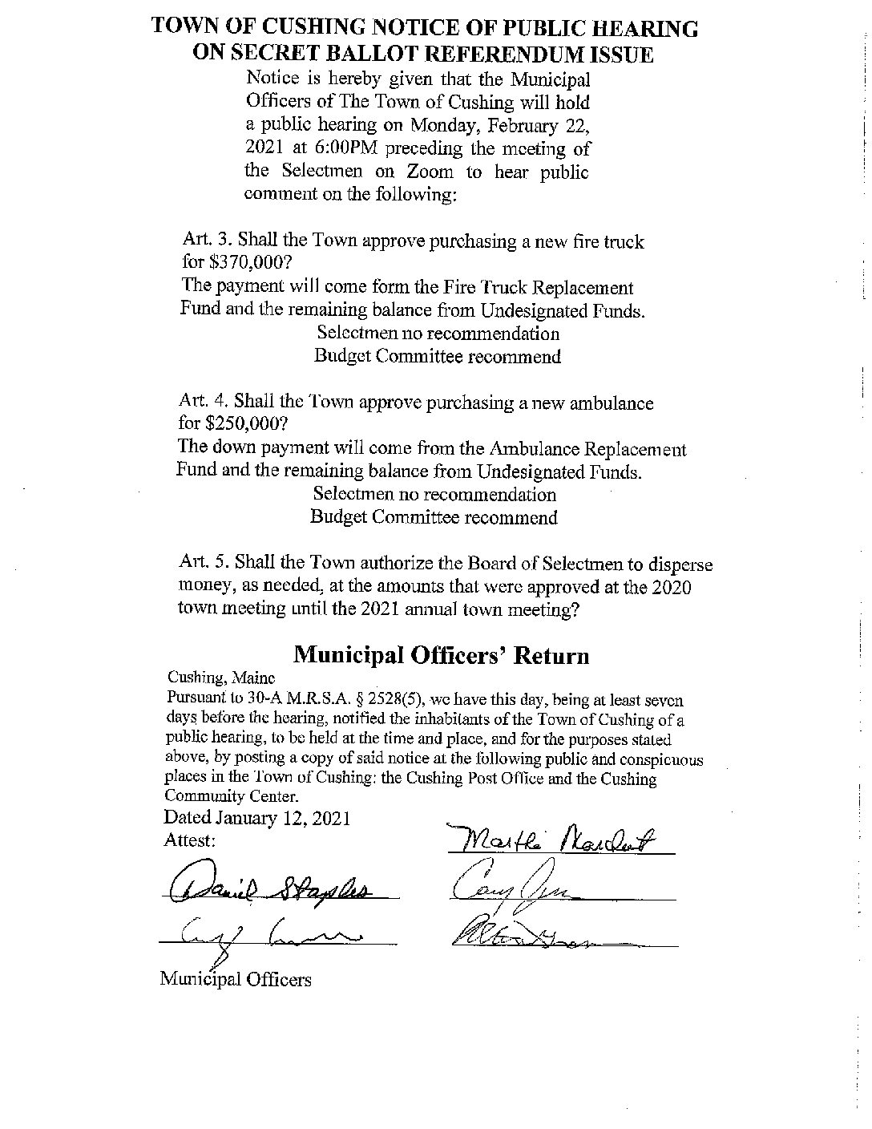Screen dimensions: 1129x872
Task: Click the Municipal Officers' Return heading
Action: point(441,655)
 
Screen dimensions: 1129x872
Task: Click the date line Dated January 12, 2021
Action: point(256,819)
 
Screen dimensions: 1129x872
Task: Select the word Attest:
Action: point(189,840)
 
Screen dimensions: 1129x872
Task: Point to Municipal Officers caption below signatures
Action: point(235,978)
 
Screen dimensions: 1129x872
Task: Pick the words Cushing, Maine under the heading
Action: point(210,678)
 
